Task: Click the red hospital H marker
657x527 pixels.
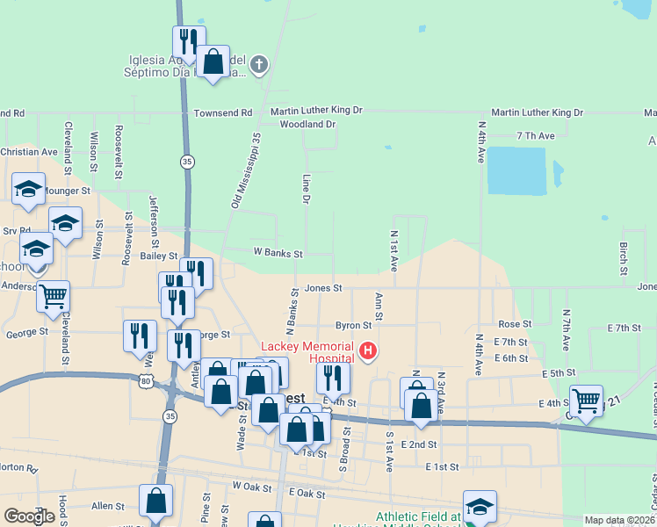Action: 369,352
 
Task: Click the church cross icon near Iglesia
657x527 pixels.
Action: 259,63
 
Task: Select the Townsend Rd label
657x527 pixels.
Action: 223,113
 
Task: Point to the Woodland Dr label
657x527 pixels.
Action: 307,125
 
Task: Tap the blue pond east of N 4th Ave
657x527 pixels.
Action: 516,170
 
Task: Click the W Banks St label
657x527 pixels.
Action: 278,254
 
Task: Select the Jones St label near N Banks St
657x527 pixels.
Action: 323,289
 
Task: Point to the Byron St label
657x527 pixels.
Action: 353,326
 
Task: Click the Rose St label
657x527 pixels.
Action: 509,324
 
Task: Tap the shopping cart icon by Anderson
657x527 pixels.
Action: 54,296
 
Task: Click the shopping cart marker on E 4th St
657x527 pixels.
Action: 586,400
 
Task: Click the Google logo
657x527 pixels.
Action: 29,516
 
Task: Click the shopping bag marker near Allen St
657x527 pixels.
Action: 155,501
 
